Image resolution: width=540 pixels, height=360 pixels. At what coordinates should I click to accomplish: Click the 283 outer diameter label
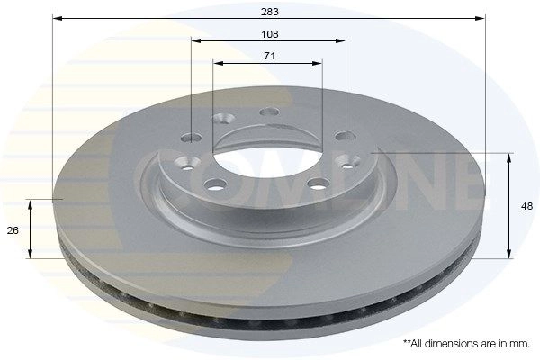pyautogui.click(x=270, y=12)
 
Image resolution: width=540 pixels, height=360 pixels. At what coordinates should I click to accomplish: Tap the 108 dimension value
pyautogui.click(x=270, y=34)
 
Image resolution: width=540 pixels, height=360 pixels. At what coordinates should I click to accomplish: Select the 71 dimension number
pyautogui.click(x=269, y=56)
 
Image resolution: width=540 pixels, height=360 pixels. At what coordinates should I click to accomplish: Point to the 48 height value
pyautogui.click(x=526, y=206)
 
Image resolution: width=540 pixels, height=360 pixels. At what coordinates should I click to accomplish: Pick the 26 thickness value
pyautogui.click(x=13, y=230)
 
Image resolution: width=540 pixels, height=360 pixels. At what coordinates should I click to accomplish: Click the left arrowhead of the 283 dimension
pyautogui.click(x=57, y=18)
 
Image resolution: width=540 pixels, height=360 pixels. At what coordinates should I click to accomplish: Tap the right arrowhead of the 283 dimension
pyautogui.click(x=481, y=18)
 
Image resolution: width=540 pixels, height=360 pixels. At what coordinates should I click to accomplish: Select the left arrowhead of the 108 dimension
pyautogui.click(x=196, y=41)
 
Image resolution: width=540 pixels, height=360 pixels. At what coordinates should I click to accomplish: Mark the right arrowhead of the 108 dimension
pyautogui.click(x=340, y=41)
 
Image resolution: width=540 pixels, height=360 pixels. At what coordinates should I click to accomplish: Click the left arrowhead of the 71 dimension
pyautogui.click(x=219, y=63)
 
